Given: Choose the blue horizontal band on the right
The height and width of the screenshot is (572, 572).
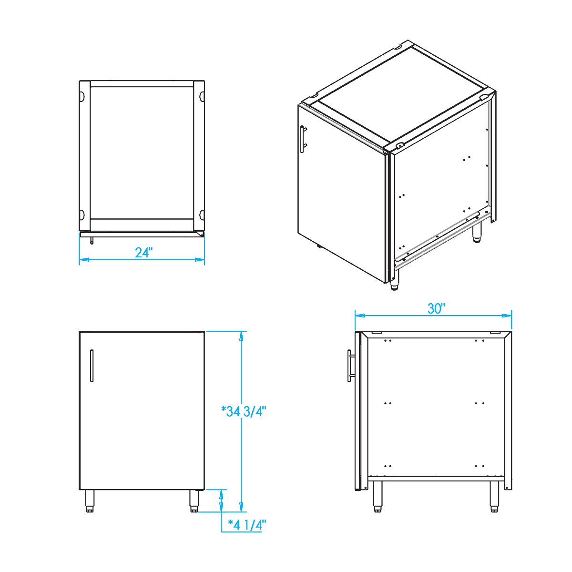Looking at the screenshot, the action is (458, 305).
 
